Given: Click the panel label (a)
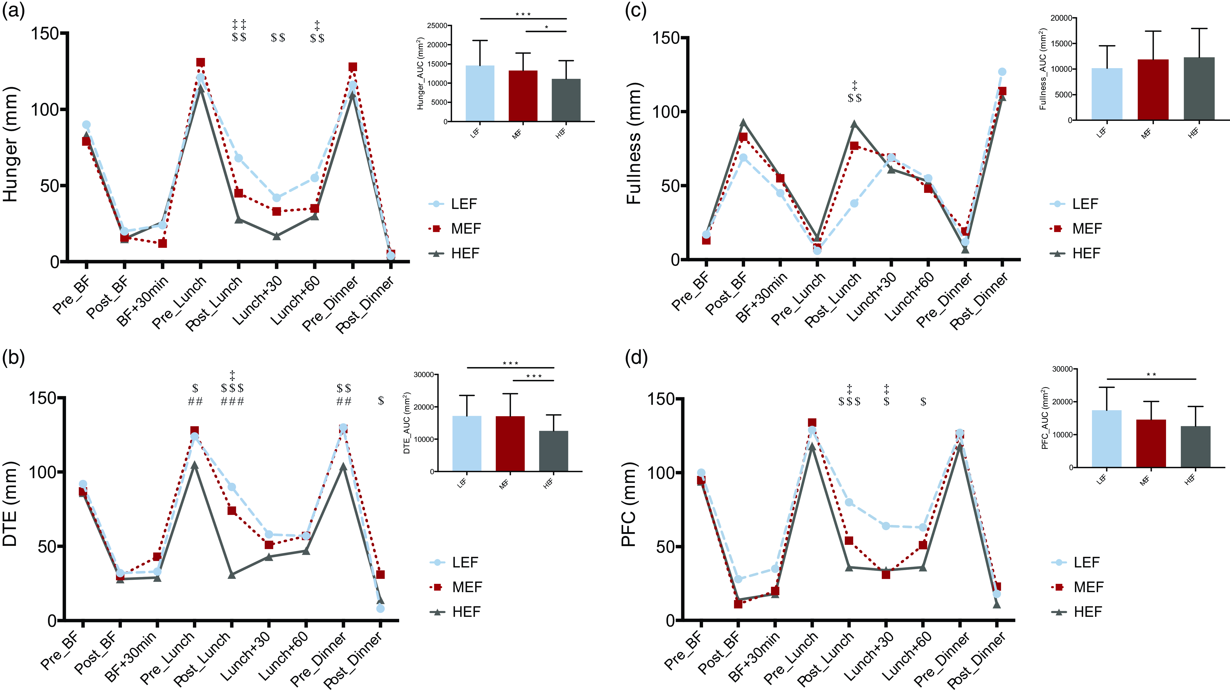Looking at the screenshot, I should pos(13,10).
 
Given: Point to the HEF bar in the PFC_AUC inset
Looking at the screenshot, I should pos(1196,446).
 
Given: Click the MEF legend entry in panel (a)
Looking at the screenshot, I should pos(465,229).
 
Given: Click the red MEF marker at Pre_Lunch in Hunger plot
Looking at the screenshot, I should pos(201,62).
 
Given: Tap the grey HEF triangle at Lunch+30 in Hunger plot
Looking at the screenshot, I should pos(277,236).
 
